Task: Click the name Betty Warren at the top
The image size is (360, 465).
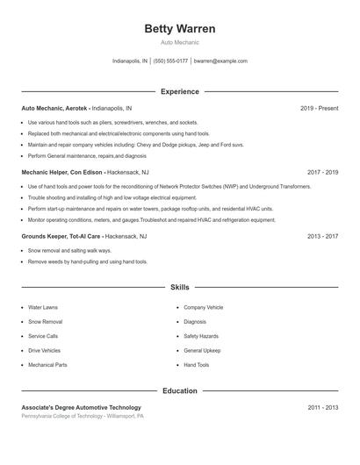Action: click(x=179, y=28)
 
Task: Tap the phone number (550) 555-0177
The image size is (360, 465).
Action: click(x=170, y=61)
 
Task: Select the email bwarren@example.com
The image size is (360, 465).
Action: click(x=220, y=61)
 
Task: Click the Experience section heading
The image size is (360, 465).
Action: click(x=179, y=91)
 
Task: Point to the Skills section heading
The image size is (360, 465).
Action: click(x=179, y=287)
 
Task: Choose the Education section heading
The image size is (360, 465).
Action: click(x=179, y=390)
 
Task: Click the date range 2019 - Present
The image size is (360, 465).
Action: click(x=319, y=108)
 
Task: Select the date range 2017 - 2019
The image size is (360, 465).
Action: click(x=322, y=173)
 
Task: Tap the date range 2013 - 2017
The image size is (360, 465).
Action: click(x=322, y=236)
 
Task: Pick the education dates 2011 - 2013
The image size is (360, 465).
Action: click(x=322, y=407)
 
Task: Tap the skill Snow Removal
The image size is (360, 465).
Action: click(x=45, y=322)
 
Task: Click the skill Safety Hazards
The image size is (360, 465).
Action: click(x=201, y=336)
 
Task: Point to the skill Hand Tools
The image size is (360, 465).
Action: click(x=197, y=364)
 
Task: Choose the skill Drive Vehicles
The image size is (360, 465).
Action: click(x=44, y=350)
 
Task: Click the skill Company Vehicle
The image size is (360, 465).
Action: click(x=204, y=308)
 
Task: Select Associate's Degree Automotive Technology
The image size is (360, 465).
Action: click(x=81, y=407)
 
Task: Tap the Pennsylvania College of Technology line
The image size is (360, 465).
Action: click(x=83, y=416)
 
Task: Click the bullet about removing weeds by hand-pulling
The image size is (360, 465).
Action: click(x=88, y=261)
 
